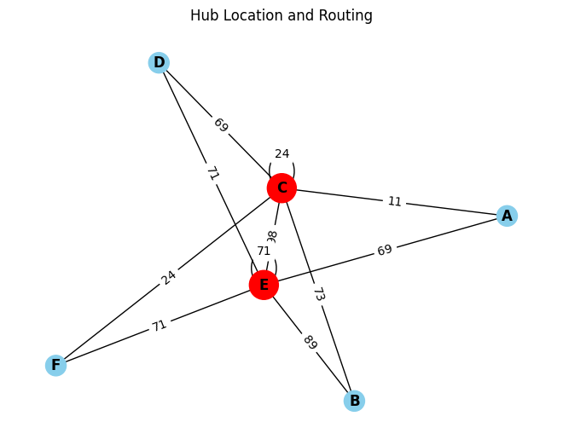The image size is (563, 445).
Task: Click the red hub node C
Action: [281, 188]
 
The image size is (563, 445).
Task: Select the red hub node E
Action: [264, 285]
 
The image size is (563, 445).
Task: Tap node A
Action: [507, 216]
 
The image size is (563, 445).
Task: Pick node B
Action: [354, 401]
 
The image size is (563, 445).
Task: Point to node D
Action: [159, 62]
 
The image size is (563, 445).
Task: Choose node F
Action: [55, 366]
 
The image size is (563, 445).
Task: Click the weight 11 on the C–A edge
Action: [394, 202]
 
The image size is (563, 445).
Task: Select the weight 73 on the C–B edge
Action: [318, 294]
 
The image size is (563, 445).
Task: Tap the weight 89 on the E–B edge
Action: [309, 343]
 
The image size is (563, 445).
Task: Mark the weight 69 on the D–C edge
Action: [220, 124]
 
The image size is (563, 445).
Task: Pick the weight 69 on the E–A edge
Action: [385, 251]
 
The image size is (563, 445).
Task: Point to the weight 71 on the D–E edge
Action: [212, 174]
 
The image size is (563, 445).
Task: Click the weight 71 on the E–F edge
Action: [160, 325]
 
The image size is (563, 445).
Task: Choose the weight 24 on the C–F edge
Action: [168, 277]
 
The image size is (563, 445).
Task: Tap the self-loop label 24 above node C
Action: [281, 154]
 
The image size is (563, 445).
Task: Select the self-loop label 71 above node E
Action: [264, 251]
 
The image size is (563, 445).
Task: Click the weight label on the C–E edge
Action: [272, 235]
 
